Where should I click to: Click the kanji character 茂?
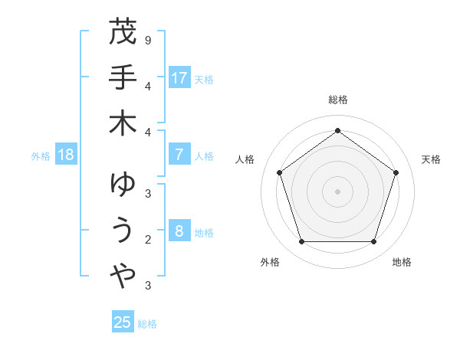123,32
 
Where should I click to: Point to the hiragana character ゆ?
123,185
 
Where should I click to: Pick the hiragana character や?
123,277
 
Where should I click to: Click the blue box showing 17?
179,78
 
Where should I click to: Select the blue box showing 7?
179,155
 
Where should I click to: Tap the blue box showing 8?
179,231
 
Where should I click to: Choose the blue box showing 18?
66,155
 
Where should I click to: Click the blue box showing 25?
123,322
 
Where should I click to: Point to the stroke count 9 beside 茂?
147,39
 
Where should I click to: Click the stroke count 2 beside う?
147,239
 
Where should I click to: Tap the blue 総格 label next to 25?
147,324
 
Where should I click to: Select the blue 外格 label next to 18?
41,156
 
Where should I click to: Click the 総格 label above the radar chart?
337,100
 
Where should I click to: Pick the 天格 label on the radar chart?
432,159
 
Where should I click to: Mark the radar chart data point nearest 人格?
280,172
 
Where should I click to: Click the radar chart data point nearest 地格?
373,241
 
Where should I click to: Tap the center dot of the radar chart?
337,191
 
